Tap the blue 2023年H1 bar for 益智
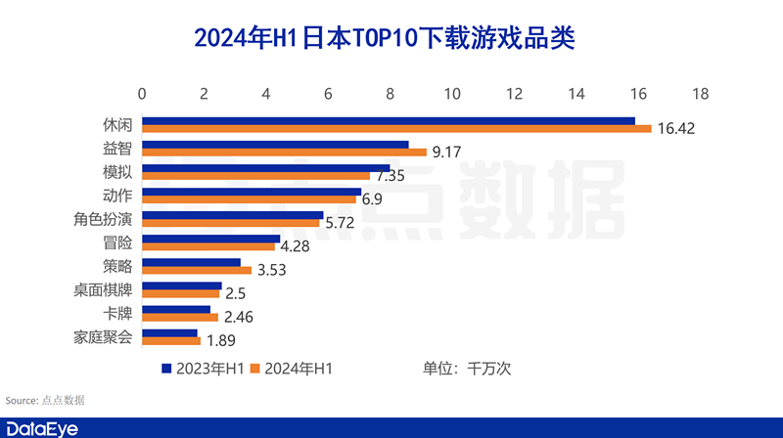point(275,145)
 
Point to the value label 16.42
point(676,129)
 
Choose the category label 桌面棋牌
point(108,289)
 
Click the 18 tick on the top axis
point(700,94)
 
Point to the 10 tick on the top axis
point(452,94)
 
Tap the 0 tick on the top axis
point(143,94)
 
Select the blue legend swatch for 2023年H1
point(166,369)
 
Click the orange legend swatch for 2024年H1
point(256,369)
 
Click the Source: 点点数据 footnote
point(45,400)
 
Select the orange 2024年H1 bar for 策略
point(197,270)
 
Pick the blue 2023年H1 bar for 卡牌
point(176,309)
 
